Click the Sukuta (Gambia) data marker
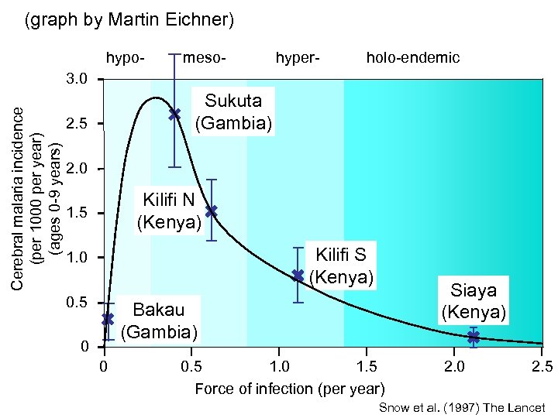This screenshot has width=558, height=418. coord(175,114)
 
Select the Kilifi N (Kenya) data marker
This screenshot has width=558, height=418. coord(212,211)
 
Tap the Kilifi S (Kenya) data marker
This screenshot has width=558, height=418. coord(298,275)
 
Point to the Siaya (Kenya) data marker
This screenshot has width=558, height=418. coord(474,337)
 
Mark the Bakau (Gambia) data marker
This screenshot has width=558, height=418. coord(108,318)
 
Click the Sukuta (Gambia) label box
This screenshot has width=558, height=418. coord(233,111)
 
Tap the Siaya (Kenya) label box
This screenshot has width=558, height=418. coord(474,301)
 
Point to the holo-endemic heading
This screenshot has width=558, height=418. coord(413,57)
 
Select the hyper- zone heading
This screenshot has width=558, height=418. coord(298,57)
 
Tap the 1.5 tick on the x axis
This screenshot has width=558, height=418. coord(367,365)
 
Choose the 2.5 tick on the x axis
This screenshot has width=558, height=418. coord(543,365)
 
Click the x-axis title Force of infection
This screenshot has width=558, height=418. coord(289,388)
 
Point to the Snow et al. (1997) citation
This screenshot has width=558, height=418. coord(462,408)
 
